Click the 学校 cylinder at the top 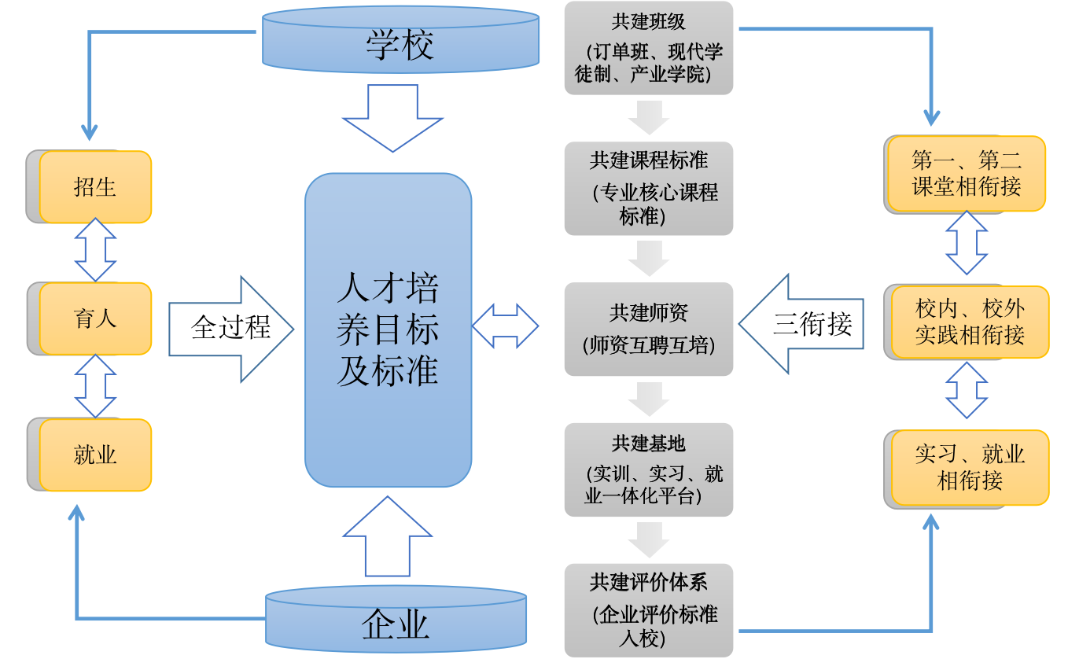[400, 41]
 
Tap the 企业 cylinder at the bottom [396, 621]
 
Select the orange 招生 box [95, 187]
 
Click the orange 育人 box [95, 318]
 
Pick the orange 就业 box [95, 455]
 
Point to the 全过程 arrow [231, 329]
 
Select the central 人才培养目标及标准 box [389, 330]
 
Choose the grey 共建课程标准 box [649, 189]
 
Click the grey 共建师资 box [649, 329]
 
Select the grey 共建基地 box [649, 469]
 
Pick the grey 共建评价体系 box [649, 610]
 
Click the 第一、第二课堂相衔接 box [967, 174]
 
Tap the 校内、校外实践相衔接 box [970, 322]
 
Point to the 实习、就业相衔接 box [970, 467]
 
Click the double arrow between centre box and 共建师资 [505, 326]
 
